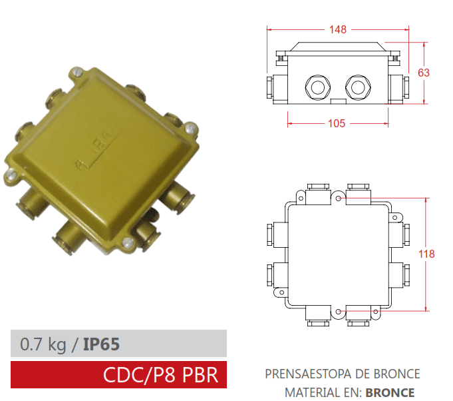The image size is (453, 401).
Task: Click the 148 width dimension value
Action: pyautogui.click(x=339, y=29)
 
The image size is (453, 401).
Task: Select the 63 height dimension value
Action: pyautogui.click(x=423, y=73)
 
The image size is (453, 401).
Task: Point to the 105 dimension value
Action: pyautogui.click(x=339, y=123)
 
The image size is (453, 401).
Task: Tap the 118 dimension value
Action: pyautogui.click(x=427, y=254)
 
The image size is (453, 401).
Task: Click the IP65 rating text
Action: pyautogui.click(x=101, y=344)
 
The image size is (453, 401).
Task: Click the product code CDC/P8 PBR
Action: pyautogui.click(x=160, y=374)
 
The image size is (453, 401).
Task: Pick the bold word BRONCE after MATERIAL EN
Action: pyautogui.click(x=390, y=392)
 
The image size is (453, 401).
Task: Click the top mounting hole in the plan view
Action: pyautogui.click(x=339, y=198)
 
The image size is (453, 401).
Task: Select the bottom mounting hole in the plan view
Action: pyautogui.click(x=339, y=311)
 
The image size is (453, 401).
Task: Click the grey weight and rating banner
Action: pyautogui.click(x=119, y=344)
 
